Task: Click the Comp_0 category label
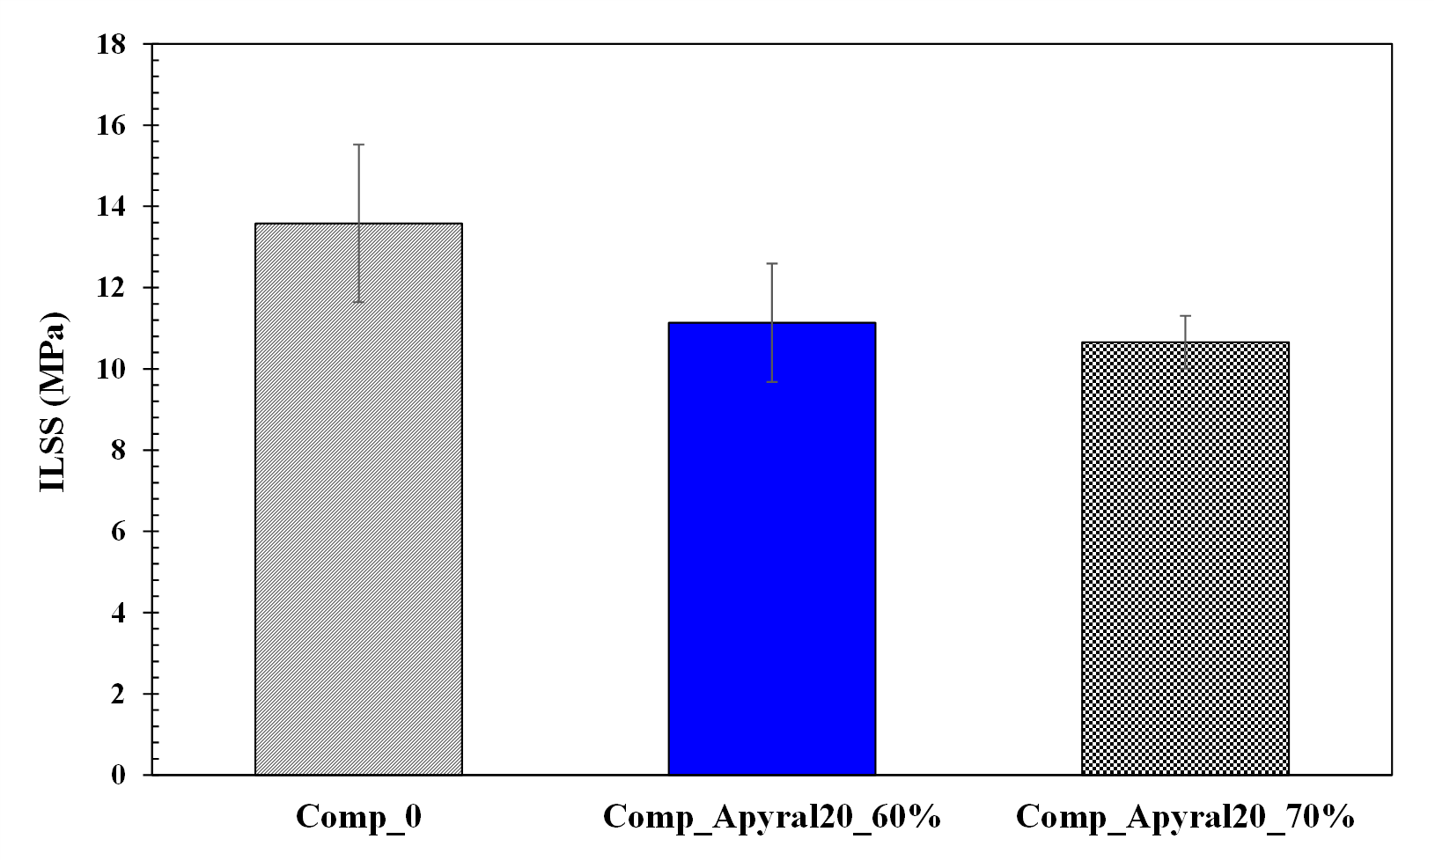358,817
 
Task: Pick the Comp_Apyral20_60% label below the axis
771,817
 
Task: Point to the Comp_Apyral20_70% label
1184,817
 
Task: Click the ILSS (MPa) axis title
54,402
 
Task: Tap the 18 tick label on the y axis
112,44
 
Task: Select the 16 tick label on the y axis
112,125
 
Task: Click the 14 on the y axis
112,207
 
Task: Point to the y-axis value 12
112,288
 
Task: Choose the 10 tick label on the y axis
112,369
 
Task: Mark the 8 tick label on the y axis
119,450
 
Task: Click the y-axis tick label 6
119,532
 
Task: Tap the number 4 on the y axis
119,613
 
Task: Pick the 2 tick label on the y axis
119,694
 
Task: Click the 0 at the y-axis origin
119,775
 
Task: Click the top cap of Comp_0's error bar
358,144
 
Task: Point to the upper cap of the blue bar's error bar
771,263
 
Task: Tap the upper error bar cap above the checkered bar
1184,315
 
